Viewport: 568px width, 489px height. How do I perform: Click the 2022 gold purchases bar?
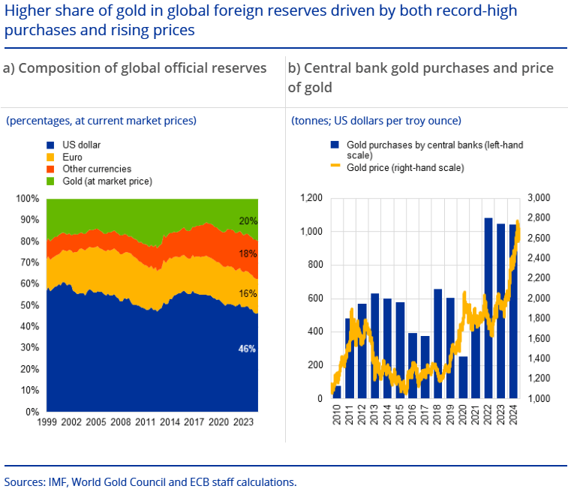tap(488, 307)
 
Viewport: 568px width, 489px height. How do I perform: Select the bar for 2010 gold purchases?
tap(337, 391)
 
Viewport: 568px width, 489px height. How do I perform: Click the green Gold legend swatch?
tap(51, 181)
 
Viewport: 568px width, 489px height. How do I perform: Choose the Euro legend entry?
tap(72, 157)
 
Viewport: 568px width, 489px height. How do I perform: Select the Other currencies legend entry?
tap(96, 169)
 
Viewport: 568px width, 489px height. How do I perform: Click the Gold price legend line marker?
tap(335, 168)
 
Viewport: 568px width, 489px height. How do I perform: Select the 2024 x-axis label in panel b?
tap(514, 415)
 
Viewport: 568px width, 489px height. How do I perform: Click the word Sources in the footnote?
tap(23, 481)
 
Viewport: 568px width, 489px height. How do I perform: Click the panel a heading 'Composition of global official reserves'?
tap(135, 68)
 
